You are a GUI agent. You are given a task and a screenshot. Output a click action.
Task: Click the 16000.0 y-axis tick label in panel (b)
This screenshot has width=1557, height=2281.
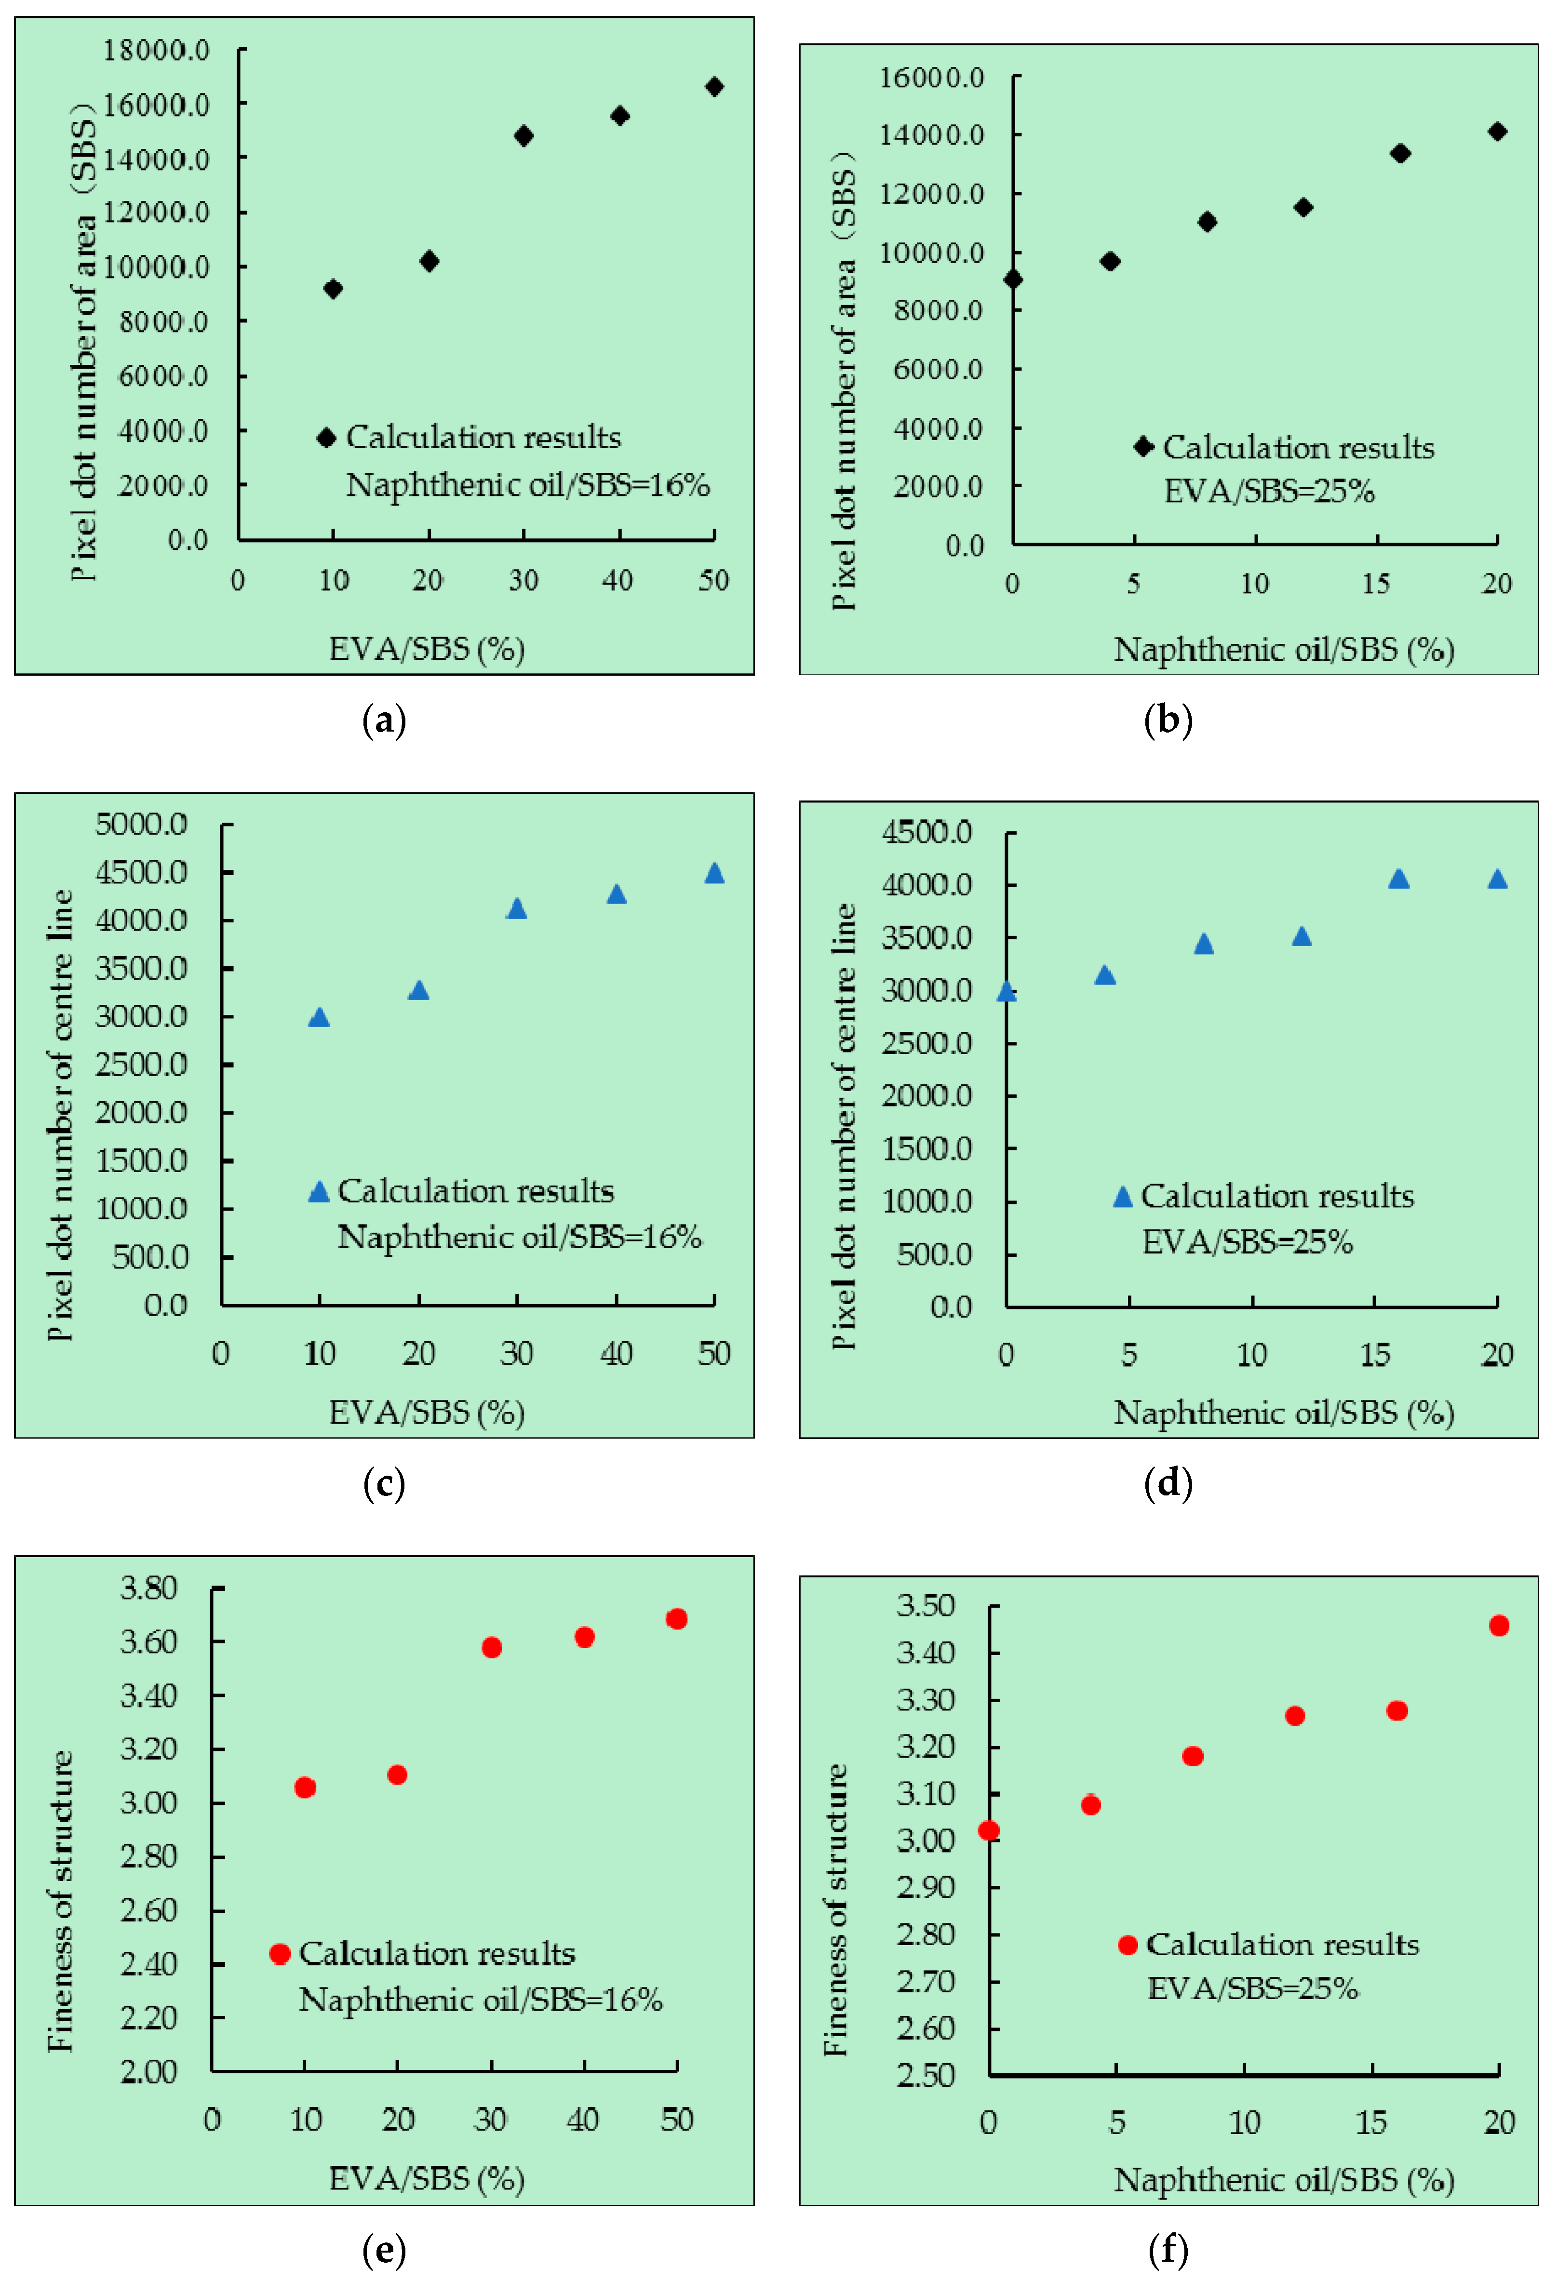click(931, 78)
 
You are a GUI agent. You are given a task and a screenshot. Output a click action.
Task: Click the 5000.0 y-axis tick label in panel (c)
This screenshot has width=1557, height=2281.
click(141, 824)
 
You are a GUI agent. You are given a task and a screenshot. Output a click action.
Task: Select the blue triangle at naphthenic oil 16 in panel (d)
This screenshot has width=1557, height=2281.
click(1399, 879)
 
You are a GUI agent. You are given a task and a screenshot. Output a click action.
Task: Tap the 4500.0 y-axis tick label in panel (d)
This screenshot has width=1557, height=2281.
click(927, 832)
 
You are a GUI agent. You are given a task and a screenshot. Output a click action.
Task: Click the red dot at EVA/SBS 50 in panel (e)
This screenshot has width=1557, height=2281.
click(676, 1618)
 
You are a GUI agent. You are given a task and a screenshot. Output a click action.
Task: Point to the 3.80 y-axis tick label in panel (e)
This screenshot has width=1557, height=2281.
click(148, 1588)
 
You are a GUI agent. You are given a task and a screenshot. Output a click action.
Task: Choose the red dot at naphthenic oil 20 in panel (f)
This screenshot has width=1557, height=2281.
click(1499, 1626)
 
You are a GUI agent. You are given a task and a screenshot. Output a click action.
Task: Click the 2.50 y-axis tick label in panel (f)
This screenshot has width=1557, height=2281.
click(925, 2075)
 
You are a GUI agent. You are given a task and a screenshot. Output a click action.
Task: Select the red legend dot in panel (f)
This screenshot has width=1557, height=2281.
click(1128, 1944)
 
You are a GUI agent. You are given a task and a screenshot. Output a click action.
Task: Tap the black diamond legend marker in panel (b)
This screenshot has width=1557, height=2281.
click(1144, 447)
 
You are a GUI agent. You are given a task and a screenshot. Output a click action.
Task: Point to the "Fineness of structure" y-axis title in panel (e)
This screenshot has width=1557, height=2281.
click(61, 1901)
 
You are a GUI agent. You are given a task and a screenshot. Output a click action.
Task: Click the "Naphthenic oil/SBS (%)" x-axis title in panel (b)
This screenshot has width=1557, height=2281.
click(1283, 650)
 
